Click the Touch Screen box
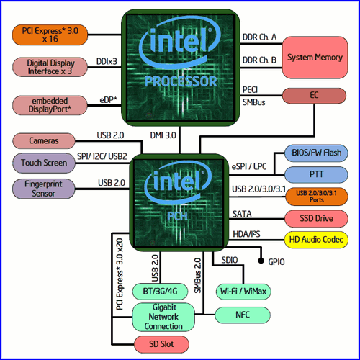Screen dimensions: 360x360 (44, 163)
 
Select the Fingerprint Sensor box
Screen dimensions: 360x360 (44, 189)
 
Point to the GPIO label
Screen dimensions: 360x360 (276, 261)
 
